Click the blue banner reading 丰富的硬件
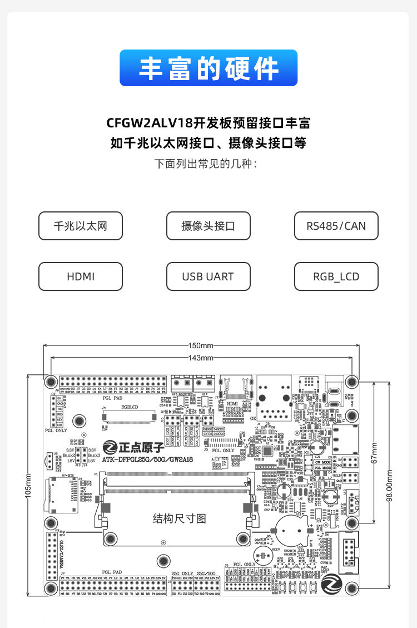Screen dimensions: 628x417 [209, 68]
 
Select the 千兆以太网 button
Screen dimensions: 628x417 [80, 226]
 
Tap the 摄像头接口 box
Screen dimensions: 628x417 [208, 226]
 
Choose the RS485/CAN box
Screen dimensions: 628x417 [336, 226]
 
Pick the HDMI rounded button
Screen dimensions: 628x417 [80, 276]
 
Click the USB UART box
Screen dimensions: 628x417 [208, 276]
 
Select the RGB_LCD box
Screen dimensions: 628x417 [336, 276]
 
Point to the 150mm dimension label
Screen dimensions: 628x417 [201, 345]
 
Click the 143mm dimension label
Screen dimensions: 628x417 [201, 358]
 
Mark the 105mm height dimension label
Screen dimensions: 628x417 [29, 485]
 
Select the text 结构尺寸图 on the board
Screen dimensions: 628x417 [179, 518]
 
